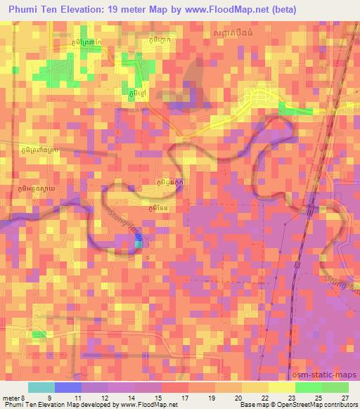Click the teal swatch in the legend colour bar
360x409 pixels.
(41, 387)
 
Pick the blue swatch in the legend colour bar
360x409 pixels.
(68, 387)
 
